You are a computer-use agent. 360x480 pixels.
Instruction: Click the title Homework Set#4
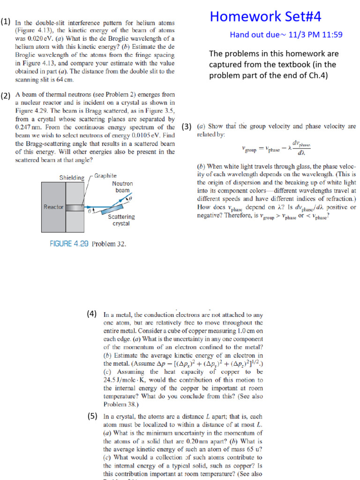tap(266, 17)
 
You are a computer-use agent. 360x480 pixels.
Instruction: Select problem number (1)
tap(6, 22)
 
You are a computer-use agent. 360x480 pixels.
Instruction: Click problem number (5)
tap(92, 415)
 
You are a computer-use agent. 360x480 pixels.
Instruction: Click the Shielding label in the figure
tap(72, 178)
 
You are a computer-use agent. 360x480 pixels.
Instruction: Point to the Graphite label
tap(105, 176)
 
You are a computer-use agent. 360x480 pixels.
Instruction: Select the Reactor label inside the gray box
tap(53, 207)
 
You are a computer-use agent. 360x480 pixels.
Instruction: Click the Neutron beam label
tap(122, 187)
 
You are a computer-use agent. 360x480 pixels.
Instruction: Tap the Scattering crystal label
tap(121, 220)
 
